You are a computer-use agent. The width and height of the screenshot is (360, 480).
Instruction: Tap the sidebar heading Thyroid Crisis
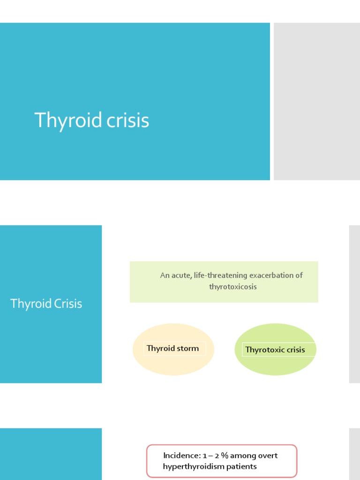pos(46,304)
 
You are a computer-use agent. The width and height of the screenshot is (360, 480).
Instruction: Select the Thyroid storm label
pos(172,348)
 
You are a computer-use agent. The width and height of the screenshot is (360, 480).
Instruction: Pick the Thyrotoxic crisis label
pos(275,350)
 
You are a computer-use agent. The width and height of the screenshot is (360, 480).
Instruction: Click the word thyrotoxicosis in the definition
pos(233,286)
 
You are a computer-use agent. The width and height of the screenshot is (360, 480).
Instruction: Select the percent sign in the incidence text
pos(225,456)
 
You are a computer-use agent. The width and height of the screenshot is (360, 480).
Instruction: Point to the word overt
pos(267,456)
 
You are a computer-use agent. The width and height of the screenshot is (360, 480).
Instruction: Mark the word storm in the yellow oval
pos(187,348)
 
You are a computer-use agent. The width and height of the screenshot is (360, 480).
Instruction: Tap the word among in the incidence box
pos(242,456)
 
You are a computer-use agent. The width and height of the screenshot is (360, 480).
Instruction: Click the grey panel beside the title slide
pos(317,101)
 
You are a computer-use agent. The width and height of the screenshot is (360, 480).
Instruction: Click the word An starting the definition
pos(165,275)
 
